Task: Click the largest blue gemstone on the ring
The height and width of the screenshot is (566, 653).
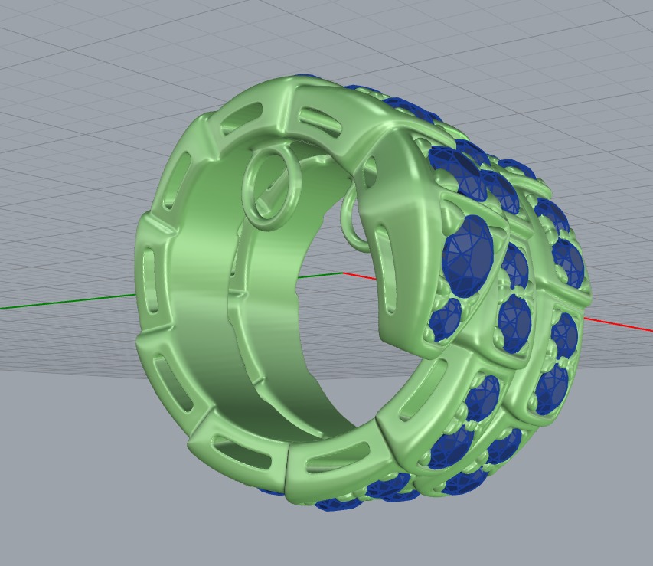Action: pos(469,253)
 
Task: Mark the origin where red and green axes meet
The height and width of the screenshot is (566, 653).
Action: pos(342,273)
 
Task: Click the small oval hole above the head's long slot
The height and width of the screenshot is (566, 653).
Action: pos(371,169)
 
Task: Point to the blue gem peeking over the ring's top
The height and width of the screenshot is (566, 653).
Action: pos(306,78)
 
